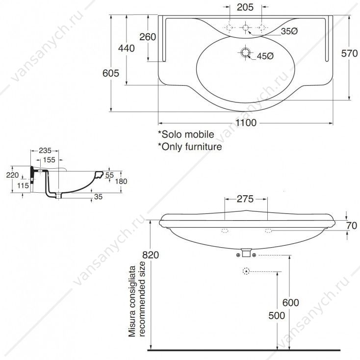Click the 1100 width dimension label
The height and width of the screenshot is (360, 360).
point(246,123)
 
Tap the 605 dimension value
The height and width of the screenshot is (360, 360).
point(111,73)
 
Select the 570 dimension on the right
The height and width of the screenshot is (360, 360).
point(349,53)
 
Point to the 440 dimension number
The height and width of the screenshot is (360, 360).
point(126,48)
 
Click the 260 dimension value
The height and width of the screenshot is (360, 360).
point(148,37)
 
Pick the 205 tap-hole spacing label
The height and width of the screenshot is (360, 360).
point(245,7)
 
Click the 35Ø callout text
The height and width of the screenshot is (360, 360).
point(289,31)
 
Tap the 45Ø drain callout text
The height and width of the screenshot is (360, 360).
point(265,56)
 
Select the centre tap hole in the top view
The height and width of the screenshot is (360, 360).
point(245,28)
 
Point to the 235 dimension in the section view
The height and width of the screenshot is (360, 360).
point(45,151)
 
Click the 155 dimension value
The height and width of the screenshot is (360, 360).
point(49,160)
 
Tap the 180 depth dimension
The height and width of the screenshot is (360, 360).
point(121,181)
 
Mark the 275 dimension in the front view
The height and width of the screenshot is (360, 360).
point(245,199)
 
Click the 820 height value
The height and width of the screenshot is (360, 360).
point(151,255)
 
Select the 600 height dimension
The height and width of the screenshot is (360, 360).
point(291,303)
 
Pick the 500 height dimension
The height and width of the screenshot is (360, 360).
point(277,316)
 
